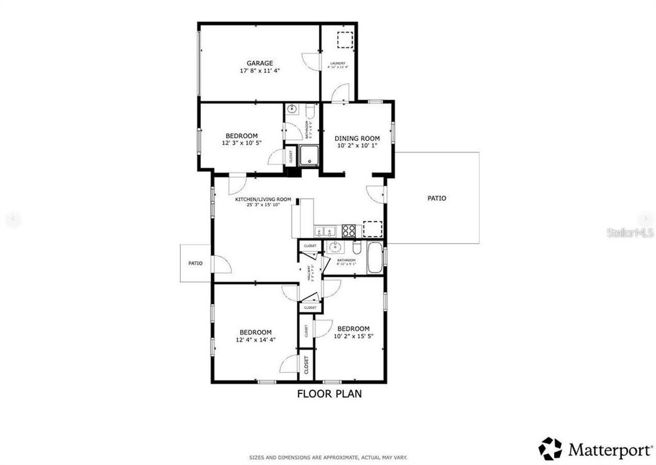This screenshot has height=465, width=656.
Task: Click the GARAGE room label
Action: click(259, 63)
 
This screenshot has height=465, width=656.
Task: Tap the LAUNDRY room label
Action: click(338, 63)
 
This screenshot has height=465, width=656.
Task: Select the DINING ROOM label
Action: click(356, 138)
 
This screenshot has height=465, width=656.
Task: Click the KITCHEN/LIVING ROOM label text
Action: click(263, 200)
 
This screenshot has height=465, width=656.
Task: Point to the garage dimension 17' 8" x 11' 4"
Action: click(259, 71)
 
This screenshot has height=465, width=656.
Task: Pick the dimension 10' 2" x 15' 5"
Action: click(353, 336)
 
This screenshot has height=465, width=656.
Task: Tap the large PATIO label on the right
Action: click(436, 198)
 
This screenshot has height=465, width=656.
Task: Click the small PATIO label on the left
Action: click(196, 263)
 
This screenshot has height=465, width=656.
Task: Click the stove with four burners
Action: click(349, 230)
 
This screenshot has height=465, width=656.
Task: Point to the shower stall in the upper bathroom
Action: click(309, 155)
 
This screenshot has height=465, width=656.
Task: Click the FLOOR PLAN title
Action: click(329, 393)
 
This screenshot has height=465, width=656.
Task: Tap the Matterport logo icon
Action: click(550, 448)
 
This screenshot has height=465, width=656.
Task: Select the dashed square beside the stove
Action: click(373, 230)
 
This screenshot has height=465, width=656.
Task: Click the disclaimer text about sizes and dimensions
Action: click(326, 457)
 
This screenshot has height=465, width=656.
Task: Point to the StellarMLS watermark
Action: click(630, 232)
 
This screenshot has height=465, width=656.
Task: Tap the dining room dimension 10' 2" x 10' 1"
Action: click(356, 146)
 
